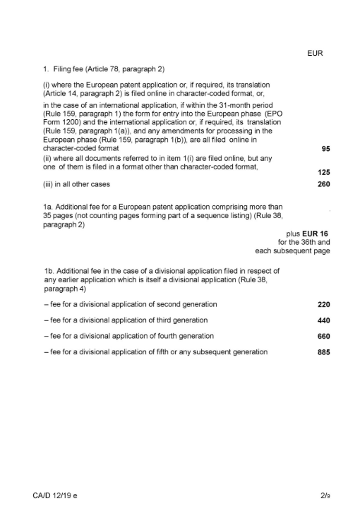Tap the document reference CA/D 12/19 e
click(x=56, y=497)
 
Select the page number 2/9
click(x=325, y=497)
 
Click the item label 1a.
click(x=48, y=207)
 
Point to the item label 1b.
click(x=48, y=270)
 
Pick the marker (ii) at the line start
click(x=47, y=158)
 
